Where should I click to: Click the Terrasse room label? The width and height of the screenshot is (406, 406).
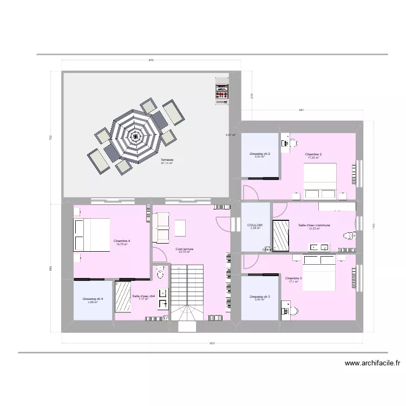[167, 160]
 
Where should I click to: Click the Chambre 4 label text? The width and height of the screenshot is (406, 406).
[121, 241]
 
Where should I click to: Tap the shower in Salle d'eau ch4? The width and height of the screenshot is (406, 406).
[123, 297]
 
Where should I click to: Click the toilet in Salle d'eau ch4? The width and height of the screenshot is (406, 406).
[160, 273]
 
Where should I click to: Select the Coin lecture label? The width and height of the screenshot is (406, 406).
[184, 249]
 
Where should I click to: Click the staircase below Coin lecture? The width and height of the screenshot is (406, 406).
[187, 295]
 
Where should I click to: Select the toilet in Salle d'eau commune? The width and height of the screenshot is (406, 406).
[349, 235]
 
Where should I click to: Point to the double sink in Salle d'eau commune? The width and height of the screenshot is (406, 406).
[318, 247]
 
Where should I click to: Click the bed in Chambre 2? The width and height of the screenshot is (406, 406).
[320, 181]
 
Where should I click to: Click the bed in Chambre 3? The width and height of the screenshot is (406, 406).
[320, 273]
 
